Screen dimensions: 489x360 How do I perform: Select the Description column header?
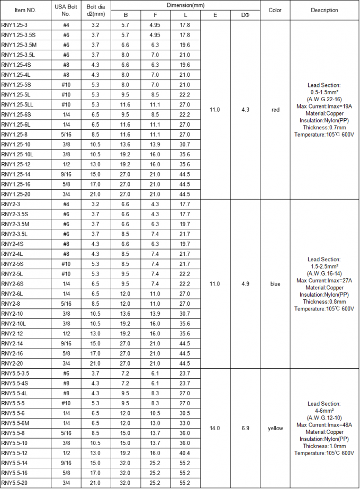324,10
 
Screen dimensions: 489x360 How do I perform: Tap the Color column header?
275,10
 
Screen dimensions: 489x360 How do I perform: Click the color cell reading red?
275,110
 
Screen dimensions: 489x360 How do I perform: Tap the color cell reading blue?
275,283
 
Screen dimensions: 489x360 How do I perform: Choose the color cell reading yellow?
275,428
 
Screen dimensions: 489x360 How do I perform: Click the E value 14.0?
215,428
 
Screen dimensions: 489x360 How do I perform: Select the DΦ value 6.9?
245,428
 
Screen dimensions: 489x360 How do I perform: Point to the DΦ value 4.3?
245,110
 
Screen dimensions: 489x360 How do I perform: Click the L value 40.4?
185,453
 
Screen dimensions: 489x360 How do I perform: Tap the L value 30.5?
185,413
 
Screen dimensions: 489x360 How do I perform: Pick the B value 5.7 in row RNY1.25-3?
125,25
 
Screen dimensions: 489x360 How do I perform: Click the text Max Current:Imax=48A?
324,425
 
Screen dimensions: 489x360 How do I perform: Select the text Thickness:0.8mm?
324,301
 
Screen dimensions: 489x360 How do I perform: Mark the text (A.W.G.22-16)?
324,99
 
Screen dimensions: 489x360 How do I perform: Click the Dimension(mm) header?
185,5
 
